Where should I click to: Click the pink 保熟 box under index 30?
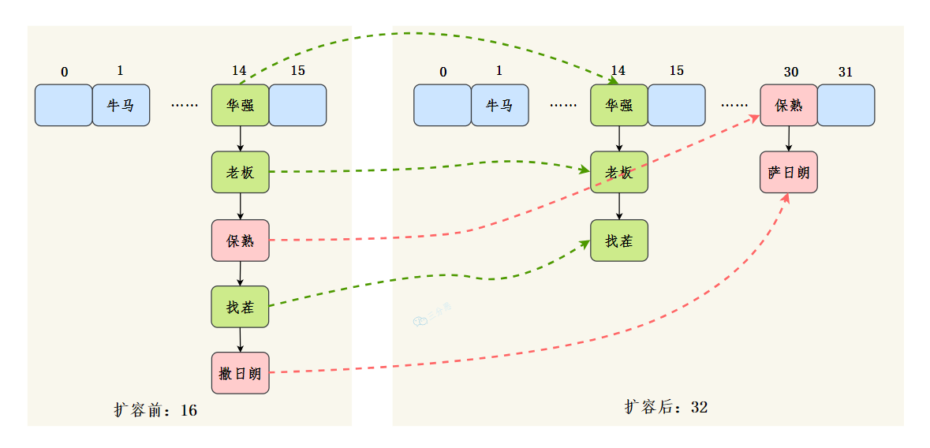(x=788, y=105)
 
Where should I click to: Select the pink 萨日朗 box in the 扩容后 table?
(x=788, y=172)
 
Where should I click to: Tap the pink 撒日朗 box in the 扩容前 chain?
(x=241, y=373)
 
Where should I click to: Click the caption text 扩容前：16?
(x=155, y=410)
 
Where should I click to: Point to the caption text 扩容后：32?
(x=666, y=407)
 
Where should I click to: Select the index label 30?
(x=790, y=72)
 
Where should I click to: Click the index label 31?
(x=845, y=72)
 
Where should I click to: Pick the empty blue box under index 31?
(x=846, y=105)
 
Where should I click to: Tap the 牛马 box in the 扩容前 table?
(x=121, y=105)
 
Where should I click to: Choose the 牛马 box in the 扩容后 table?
(x=499, y=105)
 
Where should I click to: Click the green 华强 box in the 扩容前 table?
(x=241, y=105)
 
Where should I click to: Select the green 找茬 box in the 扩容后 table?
(x=619, y=241)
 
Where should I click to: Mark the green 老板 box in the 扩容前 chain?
(x=241, y=172)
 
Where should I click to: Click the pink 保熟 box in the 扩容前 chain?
(x=241, y=241)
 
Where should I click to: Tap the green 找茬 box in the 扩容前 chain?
(x=241, y=307)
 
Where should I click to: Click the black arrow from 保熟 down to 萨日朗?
(x=788, y=138)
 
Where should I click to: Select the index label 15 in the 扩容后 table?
(x=676, y=71)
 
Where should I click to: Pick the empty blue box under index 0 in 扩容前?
(x=63, y=105)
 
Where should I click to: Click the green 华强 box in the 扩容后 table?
(x=619, y=105)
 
